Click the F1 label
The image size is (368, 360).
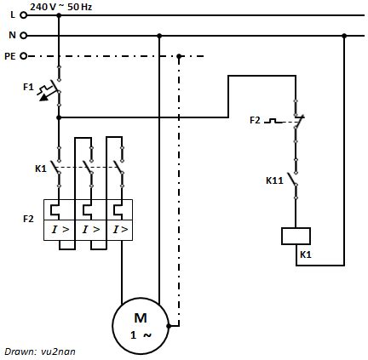click(x=27, y=88)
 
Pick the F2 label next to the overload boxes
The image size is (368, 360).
click(x=28, y=219)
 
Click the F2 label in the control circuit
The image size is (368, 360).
click(x=255, y=120)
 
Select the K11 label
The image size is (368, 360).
click(x=273, y=180)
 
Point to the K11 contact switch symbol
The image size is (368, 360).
click(x=295, y=181)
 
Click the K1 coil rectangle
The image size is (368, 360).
click(x=296, y=235)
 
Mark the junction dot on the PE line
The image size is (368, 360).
click(x=180, y=57)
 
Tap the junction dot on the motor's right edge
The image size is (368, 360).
click(x=170, y=325)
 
